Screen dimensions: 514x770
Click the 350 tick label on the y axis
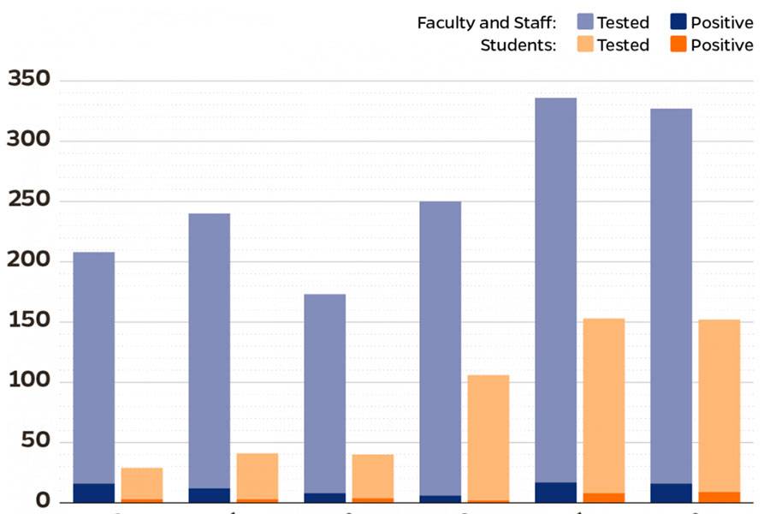(x=29, y=81)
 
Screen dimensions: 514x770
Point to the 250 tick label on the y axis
(x=29, y=201)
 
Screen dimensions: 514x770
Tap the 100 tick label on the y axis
(x=29, y=381)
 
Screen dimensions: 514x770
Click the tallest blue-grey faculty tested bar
(x=555, y=291)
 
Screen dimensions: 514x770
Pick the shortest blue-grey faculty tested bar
(x=325, y=394)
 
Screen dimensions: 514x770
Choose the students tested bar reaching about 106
(x=488, y=437)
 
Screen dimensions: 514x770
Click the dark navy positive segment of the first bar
(x=93, y=493)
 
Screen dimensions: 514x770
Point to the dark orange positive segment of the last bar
(x=719, y=497)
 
